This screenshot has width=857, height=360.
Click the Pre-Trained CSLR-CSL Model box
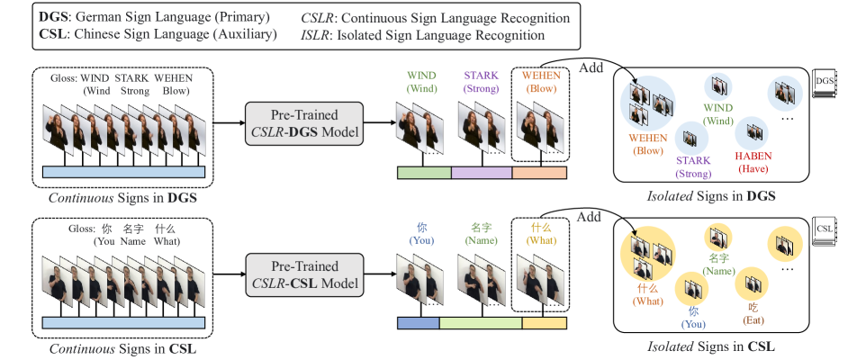pyautogui.click(x=304, y=274)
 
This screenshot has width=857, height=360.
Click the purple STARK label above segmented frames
pyautogui.click(x=481, y=82)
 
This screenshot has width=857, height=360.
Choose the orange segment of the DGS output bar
pyautogui.click(x=538, y=174)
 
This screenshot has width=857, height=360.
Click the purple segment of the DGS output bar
pyautogui.click(x=481, y=174)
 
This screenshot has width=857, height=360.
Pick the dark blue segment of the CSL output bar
pyautogui.click(x=418, y=323)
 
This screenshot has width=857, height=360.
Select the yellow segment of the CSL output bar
pyautogui.click(x=544, y=323)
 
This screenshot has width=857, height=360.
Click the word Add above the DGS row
pyautogui.click(x=591, y=67)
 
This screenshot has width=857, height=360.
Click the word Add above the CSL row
pyautogui.click(x=589, y=217)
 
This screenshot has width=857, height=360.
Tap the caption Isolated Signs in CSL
pyautogui.click(x=711, y=346)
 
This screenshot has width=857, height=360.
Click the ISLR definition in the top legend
pyautogui.click(x=423, y=35)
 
